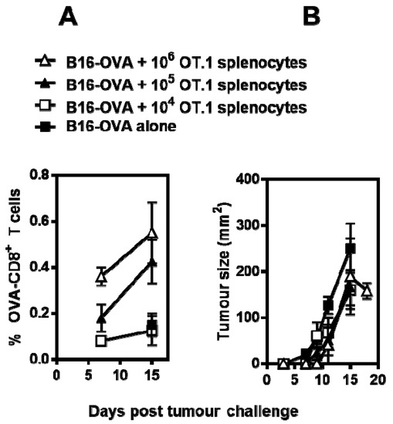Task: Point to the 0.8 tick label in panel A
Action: (x=36, y=177)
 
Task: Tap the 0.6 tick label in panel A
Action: (x=36, y=222)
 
